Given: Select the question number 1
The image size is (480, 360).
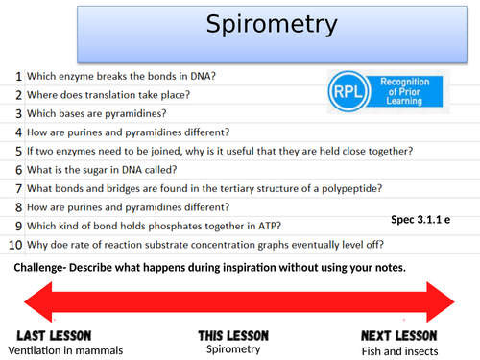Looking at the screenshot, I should click(18, 76).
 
